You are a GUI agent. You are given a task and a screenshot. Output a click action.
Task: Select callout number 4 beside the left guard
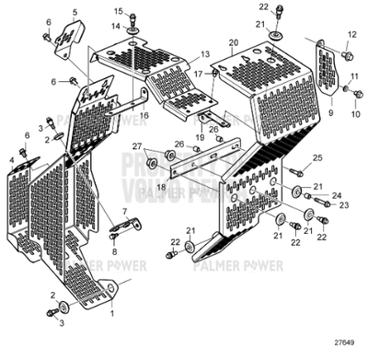(12, 160)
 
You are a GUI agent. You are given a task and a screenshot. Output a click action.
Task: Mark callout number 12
(350, 34)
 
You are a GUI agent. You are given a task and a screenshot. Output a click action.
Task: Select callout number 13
(205, 55)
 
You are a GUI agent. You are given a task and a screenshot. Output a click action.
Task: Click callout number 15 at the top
(118, 10)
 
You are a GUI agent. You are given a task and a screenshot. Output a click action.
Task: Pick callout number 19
(201, 138)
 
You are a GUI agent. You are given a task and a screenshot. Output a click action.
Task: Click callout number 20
(234, 43)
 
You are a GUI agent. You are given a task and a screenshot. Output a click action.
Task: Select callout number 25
(318, 159)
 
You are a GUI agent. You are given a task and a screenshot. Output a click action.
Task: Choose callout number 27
(136, 146)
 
